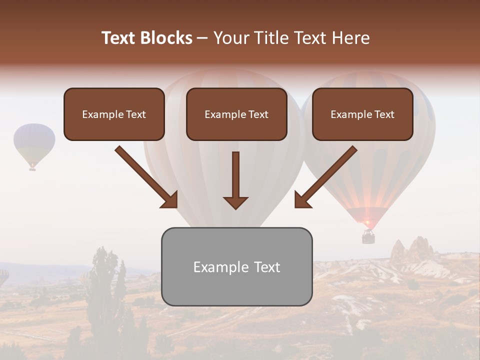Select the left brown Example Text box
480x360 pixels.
pyautogui.click(x=114, y=114)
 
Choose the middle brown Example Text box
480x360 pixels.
pyautogui.click(x=236, y=114)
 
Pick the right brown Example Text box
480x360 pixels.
pyautogui.click(x=362, y=114)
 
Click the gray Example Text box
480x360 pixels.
pyautogui.click(x=236, y=266)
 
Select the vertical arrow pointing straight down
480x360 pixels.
pyautogui.click(x=235, y=180)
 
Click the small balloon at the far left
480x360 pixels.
pyautogui.click(x=34, y=142)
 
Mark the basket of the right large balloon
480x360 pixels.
pyautogui.click(x=368, y=236)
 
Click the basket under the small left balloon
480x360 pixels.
pyautogui.click(x=32, y=169)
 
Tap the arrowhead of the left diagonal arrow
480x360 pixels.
pyautogui.click(x=170, y=199)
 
